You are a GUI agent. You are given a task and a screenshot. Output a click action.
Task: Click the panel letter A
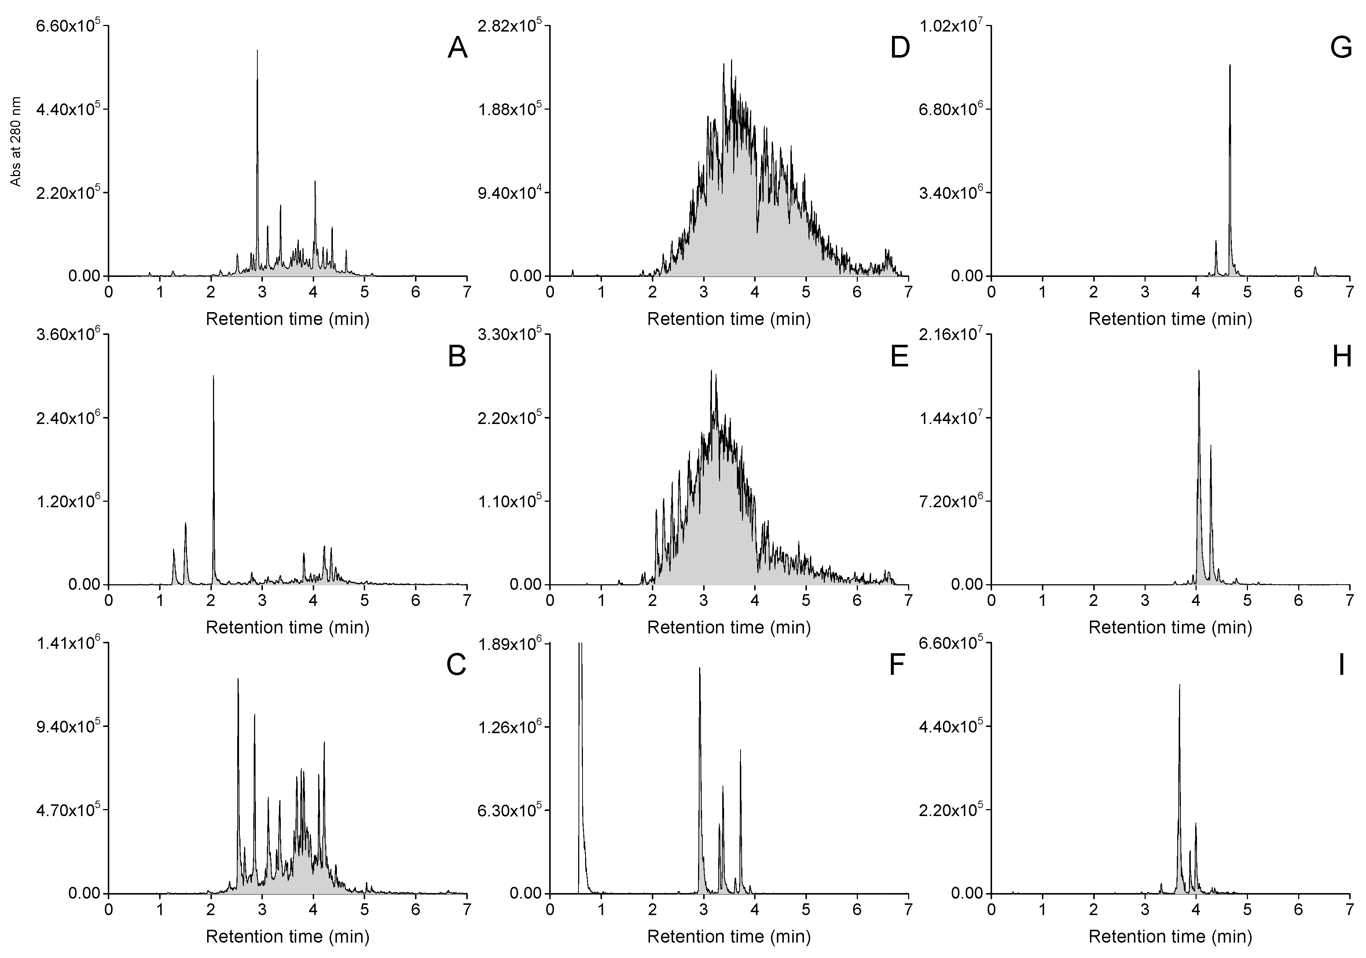tap(457, 48)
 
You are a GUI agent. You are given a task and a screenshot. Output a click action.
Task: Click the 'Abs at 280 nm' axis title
tap(16, 142)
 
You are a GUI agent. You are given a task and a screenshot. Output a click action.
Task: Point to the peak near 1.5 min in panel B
tap(186, 524)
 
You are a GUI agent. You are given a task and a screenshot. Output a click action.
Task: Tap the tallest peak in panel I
tap(1180, 685)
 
